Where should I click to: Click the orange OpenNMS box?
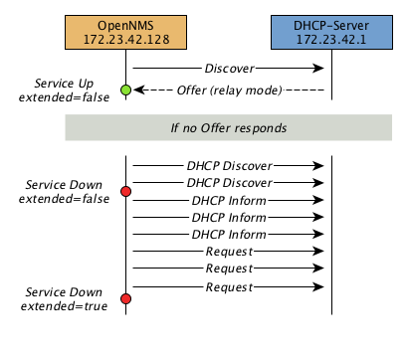pyautogui.click(x=126, y=29)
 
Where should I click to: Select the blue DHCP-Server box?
pyautogui.click(x=331, y=29)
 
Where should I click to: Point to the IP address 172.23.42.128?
pyautogui.click(x=126, y=37)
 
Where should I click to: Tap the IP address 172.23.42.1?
pyautogui.click(x=331, y=37)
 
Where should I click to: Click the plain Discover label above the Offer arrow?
pyautogui.click(x=228, y=69)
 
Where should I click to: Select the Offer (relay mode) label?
pyautogui.click(x=228, y=90)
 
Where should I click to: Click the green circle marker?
pyautogui.click(x=126, y=90)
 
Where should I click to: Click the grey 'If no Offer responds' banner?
pyautogui.click(x=228, y=128)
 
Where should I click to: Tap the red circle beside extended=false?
pyautogui.click(x=126, y=190)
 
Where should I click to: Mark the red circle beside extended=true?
pyautogui.click(x=126, y=298)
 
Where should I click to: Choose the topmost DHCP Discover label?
pyautogui.click(x=228, y=164)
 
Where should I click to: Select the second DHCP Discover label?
pyautogui.click(x=228, y=182)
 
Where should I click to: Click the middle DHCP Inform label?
pyautogui.click(x=228, y=217)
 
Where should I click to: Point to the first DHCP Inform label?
pyautogui.click(x=228, y=200)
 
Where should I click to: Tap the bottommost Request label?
pyautogui.click(x=228, y=287)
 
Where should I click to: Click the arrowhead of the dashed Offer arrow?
pyautogui.click(x=137, y=90)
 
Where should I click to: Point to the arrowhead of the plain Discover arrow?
pyautogui.click(x=321, y=69)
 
